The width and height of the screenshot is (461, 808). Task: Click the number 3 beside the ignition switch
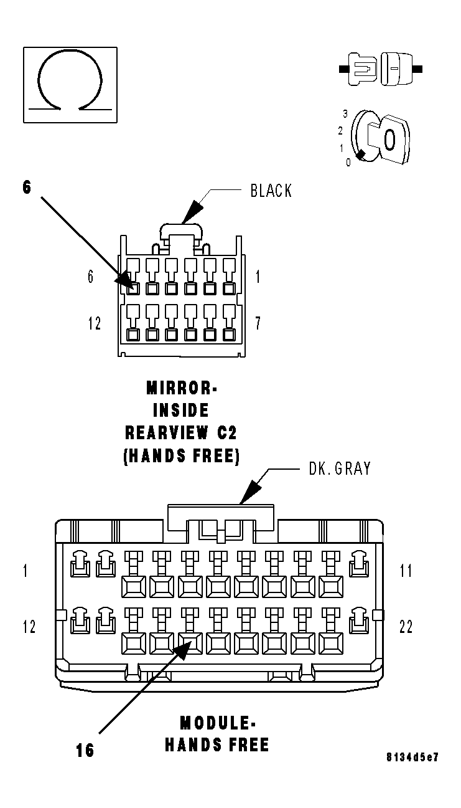pyautogui.click(x=345, y=114)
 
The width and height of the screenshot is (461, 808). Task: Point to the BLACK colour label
pyautogui.click(x=271, y=191)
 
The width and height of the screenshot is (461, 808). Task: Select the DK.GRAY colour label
pyautogui.click(x=340, y=468)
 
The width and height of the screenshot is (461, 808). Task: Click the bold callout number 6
pyautogui.click(x=27, y=187)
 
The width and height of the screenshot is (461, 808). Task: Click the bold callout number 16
pyautogui.click(x=85, y=751)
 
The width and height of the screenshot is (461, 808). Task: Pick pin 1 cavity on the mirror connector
pyautogui.click(x=229, y=288)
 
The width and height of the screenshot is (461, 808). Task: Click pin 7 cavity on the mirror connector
pyautogui.click(x=229, y=335)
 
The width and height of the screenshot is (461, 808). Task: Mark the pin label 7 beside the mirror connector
pyautogui.click(x=258, y=323)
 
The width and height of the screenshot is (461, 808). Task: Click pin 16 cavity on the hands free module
pyautogui.click(x=190, y=641)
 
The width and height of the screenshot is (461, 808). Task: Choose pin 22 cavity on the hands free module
pyautogui.click(x=358, y=621)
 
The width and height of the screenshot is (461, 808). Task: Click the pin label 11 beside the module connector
pyautogui.click(x=406, y=571)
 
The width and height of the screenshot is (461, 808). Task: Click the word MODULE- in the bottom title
pyautogui.click(x=217, y=723)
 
